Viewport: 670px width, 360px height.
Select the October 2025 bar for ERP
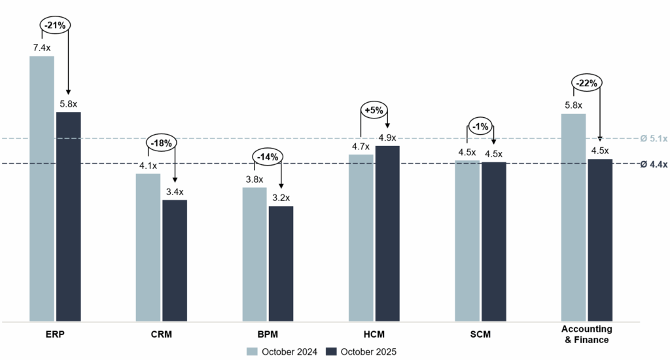pos(68,217)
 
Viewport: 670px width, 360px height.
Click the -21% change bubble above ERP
pos(56,25)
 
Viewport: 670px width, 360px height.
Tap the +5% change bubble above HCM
pos(374,111)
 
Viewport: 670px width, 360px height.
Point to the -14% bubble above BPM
pos(268,156)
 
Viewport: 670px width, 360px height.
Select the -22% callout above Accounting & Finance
pos(587,83)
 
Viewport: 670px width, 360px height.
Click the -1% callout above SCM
pos(481,126)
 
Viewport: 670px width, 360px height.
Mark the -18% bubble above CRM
pos(161,143)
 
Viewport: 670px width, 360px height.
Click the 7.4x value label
pos(42,48)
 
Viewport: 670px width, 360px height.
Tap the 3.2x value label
pos(281,198)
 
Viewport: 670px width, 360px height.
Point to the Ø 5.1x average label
pos(653,139)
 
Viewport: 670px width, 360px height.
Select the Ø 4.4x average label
pos(653,164)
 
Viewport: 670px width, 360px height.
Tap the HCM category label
pos(374,334)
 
